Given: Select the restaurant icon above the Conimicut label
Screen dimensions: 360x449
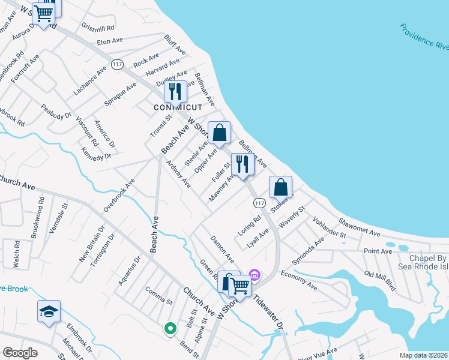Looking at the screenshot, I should [x=175, y=91].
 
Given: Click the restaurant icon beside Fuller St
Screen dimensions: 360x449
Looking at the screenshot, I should [x=242, y=164].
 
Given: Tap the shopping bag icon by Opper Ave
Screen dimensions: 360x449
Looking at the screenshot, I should [x=220, y=133].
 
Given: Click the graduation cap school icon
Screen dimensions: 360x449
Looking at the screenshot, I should [x=49, y=311].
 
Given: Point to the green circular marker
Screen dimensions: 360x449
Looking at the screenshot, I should [x=170, y=328].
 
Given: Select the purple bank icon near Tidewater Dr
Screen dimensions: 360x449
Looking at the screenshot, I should [x=255, y=275].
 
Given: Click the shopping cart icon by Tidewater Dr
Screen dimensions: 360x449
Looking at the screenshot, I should [x=240, y=286].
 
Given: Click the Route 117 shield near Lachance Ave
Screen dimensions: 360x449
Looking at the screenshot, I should [x=118, y=64].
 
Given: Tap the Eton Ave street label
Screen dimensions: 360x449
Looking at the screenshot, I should [x=110, y=41].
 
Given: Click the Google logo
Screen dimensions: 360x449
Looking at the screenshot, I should [x=20, y=352].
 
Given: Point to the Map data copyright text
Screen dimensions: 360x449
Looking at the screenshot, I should [x=421, y=355].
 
